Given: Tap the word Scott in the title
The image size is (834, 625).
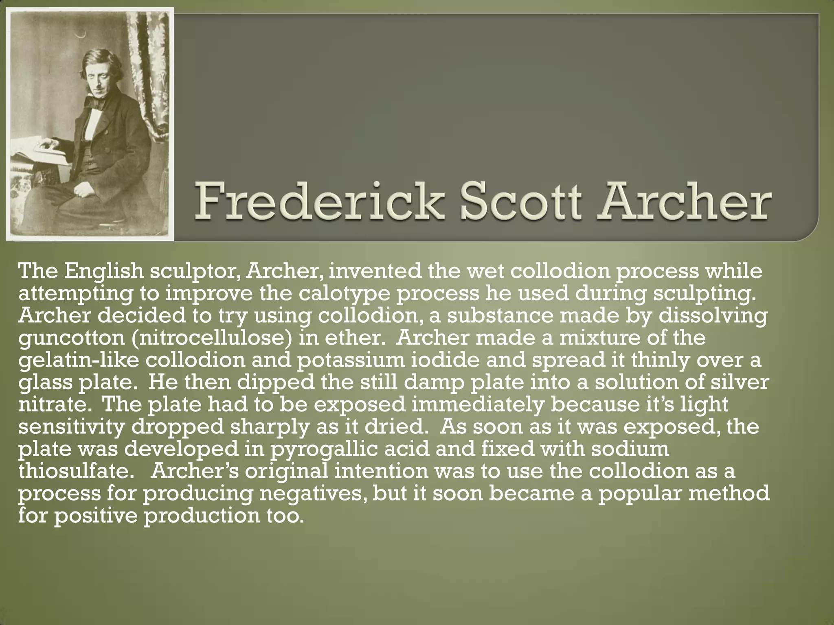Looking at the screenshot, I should pos(520,201).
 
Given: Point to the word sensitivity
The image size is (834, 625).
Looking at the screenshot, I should pos(71,426).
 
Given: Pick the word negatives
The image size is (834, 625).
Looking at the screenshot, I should pos(311,493).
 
